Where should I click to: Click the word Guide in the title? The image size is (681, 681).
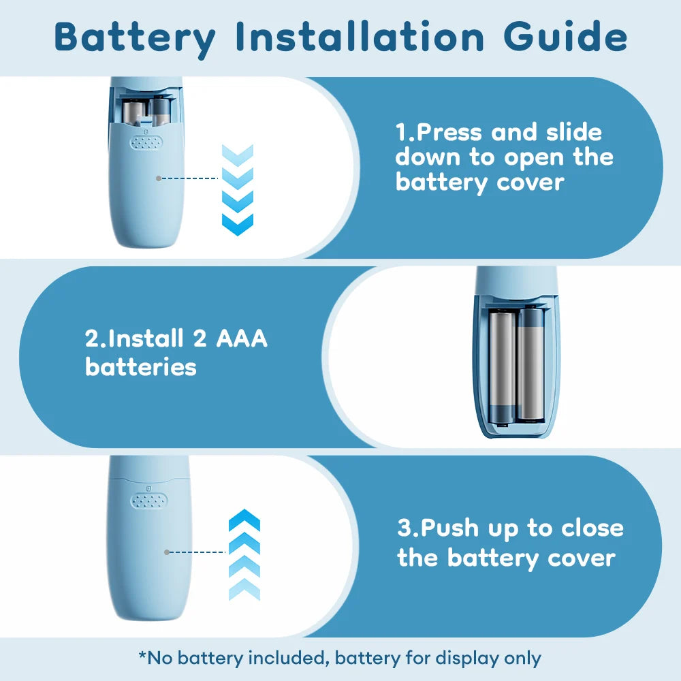coord(565,37)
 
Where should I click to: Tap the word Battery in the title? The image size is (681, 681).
coord(135,39)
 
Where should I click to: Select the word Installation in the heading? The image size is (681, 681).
coord(360,37)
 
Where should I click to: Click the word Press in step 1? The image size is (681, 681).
coord(449,132)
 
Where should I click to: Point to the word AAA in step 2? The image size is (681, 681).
coord(242,338)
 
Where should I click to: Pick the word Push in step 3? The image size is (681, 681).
coord(449,529)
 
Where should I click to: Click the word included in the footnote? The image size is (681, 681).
coord(286,658)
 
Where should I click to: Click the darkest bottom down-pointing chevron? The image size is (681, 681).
coord(238,225)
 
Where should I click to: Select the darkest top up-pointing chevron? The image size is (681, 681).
coord(244,520)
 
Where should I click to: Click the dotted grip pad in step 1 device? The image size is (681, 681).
coord(146,142)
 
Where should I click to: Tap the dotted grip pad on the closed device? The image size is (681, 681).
coord(149,501)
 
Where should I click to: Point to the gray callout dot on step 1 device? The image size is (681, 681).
coord(159,178)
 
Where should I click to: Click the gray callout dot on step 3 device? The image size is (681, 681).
coord(167,552)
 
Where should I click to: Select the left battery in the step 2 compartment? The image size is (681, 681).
coord(502,366)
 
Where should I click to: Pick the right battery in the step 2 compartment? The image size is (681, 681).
coord(530,363)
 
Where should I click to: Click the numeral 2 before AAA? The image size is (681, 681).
coord(200,338)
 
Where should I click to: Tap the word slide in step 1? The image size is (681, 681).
coord(573,132)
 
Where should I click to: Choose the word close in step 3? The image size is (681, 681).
coord(592,528)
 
